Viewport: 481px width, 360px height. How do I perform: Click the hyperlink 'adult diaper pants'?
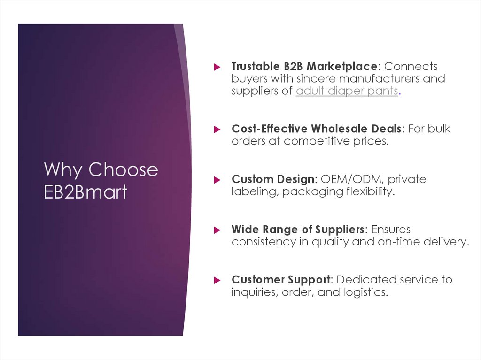[x=347, y=91]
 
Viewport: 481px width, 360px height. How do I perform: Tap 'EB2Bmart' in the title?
[x=85, y=192]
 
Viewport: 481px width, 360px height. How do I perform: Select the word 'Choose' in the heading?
[x=124, y=169]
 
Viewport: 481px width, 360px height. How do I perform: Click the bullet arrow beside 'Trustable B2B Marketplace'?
[x=217, y=67]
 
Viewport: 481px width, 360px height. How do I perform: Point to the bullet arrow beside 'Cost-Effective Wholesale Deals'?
[x=217, y=129]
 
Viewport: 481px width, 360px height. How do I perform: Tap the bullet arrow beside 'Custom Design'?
[x=217, y=180]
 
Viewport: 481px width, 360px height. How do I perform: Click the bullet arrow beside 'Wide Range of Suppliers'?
[x=217, y=230]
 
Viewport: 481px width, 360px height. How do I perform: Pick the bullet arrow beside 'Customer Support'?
[x=217, y=280]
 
